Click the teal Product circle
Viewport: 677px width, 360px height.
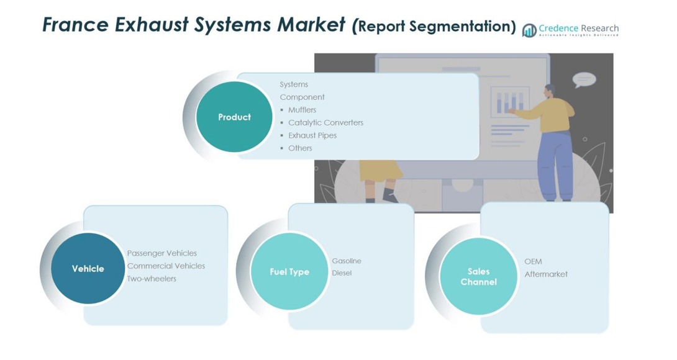[x=234, y=117]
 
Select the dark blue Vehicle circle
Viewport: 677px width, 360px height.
[x=88, y=269]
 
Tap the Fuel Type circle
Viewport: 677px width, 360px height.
[x=289, y=272]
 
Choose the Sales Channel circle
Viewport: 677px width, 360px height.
[x=478, y=277]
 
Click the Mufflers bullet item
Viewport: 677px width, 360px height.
[x=302, y=110]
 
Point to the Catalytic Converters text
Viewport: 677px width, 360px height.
[x=325, y=123]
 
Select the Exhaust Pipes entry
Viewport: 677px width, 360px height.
[x=312, y=135]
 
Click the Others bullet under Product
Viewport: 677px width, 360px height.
[x=300, y=148]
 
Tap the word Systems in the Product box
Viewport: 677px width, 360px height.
[x=294, y=84]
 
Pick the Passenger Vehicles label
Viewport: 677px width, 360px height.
[x=162, y=253]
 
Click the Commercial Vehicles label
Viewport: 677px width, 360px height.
[x=166, y=266]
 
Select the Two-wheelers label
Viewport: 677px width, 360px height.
[x=152, y=279]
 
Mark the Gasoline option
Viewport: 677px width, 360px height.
[x=347, y=261]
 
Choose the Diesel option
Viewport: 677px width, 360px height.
[x=342, y=273]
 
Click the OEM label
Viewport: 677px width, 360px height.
[x=533, y=262]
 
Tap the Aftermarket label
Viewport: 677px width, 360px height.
[x=546, y=274]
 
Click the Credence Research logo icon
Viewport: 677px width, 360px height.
[x=529, y=30]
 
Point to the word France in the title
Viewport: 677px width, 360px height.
[x=76, y=25]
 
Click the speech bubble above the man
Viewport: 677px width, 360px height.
[x=584, y=79]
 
